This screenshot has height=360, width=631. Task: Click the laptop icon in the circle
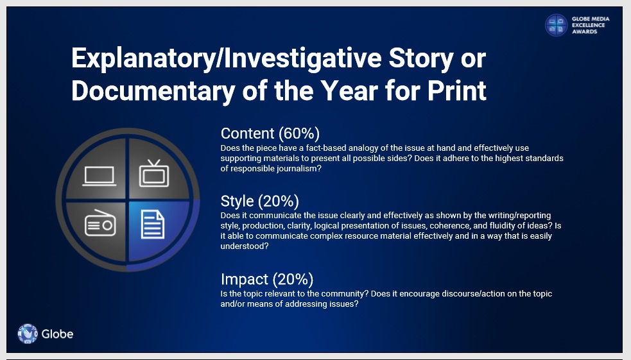pos(99,176)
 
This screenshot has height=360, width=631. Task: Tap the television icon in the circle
pos(154,173)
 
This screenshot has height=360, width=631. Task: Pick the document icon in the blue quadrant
pos(153,225)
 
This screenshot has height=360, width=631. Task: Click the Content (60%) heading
pos(270,133)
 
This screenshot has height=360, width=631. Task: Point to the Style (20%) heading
pos(259,201)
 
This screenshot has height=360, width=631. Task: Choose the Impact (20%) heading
pos(267,279)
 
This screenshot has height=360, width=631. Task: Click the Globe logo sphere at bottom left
pos(28,334)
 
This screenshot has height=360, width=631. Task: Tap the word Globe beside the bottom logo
pos(57,334)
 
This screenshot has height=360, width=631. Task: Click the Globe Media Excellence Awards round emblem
pos(556,25)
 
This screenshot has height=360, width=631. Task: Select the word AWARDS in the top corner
pos(584,31)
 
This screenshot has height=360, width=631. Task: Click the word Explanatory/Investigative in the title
pos(226,59)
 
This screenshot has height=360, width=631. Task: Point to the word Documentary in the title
pos(153,90)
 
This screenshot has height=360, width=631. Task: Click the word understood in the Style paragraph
pos(245,246)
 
